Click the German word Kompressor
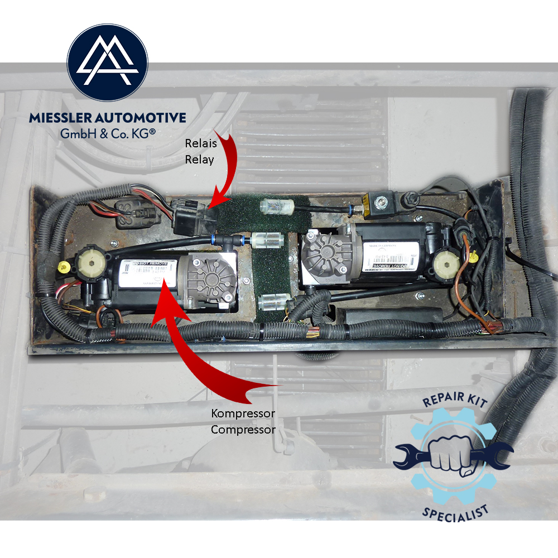point(235,414)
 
